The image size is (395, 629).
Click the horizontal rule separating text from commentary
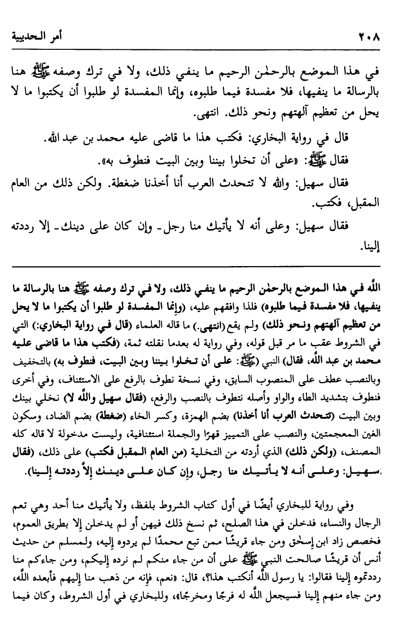[x=197, y=266]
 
